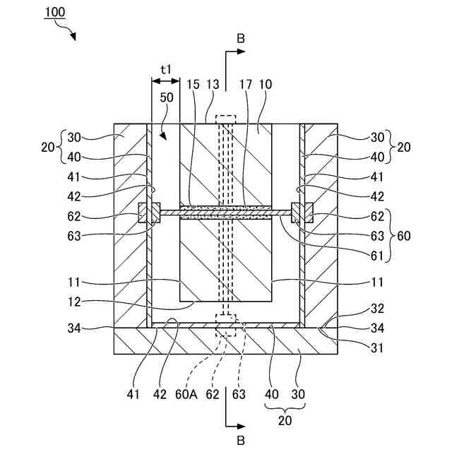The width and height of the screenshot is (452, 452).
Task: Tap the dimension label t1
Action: coord(166,69)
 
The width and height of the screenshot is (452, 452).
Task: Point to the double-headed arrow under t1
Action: coord(165,82)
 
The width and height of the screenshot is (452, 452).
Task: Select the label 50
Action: coord(167,98)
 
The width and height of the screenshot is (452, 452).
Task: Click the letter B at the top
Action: coord(241,39)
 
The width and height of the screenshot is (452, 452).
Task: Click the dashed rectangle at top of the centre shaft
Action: coord(225,120)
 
